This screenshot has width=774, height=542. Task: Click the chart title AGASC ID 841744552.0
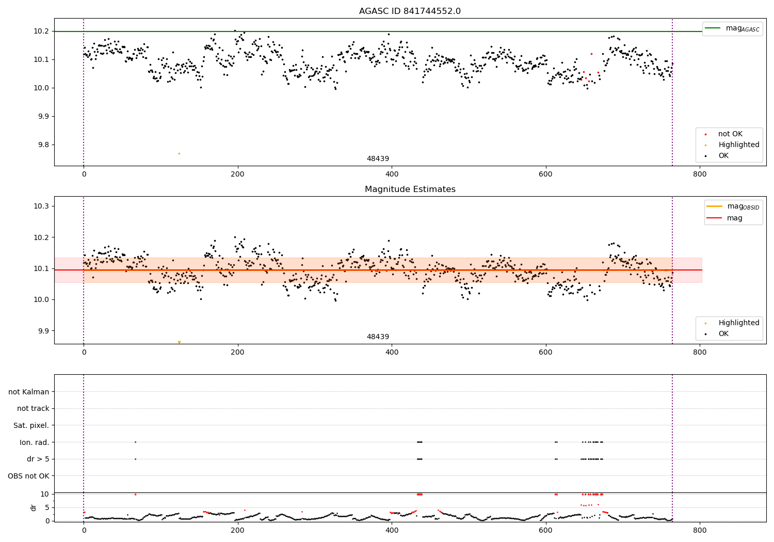[x=410, y=11]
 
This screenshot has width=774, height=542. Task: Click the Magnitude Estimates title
[x=410, y=189]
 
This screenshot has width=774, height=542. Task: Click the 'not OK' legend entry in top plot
[x=730, y=134]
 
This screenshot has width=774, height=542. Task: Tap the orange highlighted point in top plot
[x=179, y=153]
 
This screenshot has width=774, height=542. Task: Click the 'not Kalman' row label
[x=29, y=392]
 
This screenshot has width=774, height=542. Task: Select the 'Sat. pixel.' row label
[x=31, y=425]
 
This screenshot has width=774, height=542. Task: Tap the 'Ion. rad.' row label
[x=34, y=442]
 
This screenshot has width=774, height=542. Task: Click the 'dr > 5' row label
[x=38, y=459]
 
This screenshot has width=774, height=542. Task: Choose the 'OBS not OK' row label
[x=28, y=476]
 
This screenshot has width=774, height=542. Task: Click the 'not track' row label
[x=33, y=408]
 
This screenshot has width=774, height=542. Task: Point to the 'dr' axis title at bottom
[x=34, y=507]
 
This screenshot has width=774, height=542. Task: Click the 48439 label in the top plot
[x=378, y=159]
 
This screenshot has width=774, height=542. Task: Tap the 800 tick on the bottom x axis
[x=700, y=530]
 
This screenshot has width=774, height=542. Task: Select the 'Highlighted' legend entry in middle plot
[x=738, y=323]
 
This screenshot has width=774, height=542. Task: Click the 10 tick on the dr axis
[x=45, y=494]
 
